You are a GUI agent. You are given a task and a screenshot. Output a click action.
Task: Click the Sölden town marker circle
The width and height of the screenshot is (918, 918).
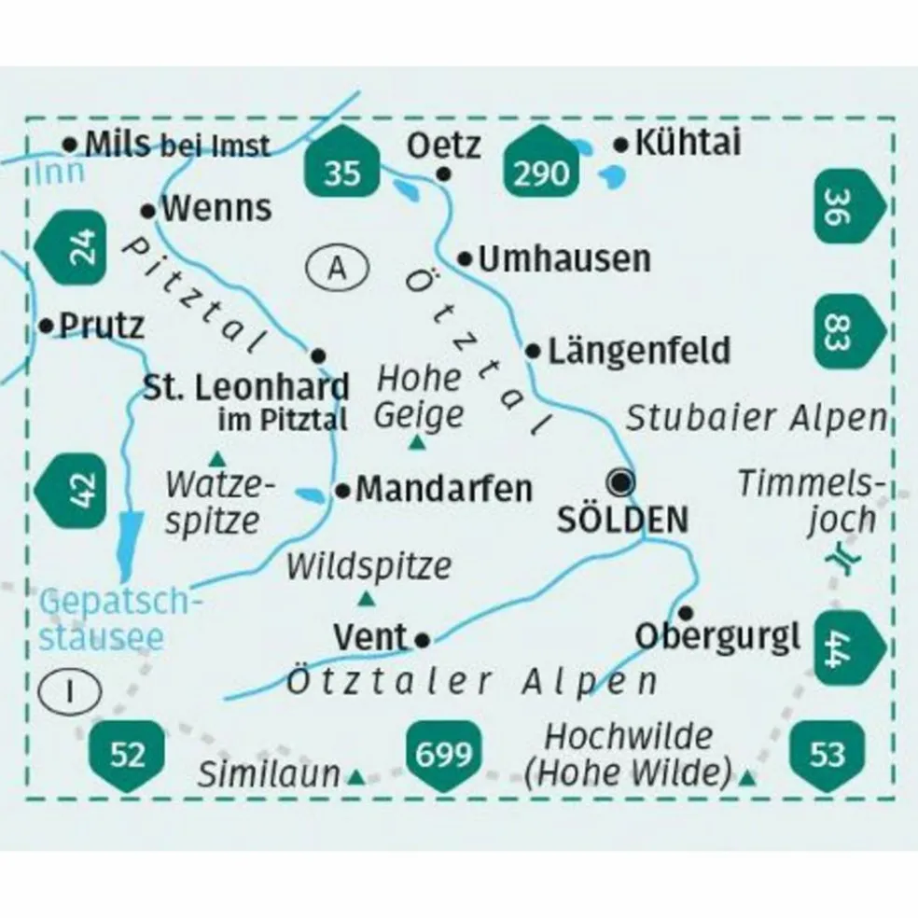pos(620,482)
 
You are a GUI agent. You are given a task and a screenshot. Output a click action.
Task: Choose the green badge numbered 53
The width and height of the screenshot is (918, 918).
pos(826,752)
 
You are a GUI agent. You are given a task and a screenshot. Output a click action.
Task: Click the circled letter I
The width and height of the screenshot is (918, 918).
pos(70,691)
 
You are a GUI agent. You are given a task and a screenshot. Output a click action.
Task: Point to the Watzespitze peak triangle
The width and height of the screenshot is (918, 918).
pos(217,458)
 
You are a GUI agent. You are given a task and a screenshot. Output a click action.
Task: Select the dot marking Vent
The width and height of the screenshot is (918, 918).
pos(423,639)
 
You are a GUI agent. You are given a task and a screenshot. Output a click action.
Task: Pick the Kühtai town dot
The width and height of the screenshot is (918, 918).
pos(621,145)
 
